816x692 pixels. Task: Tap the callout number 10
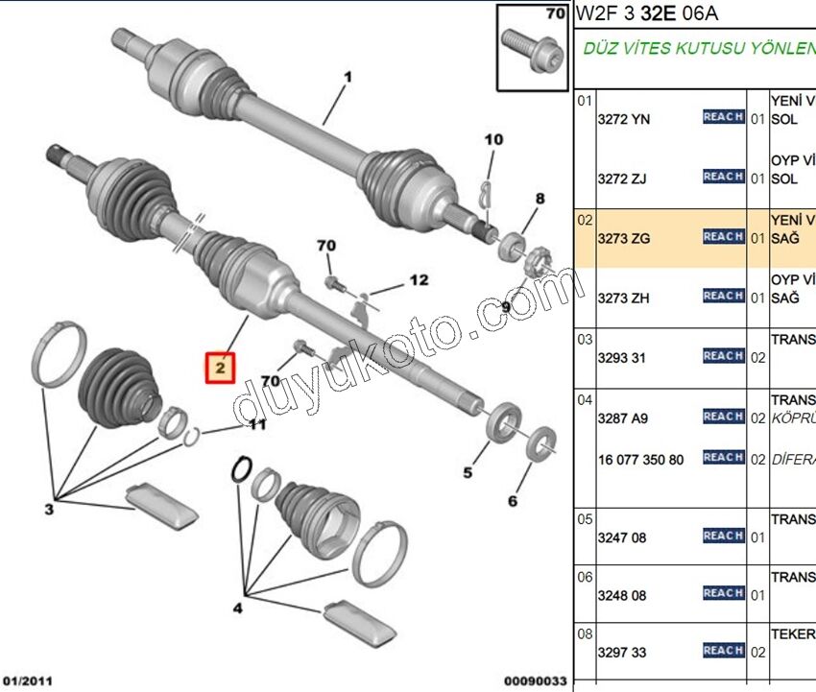click(x=493, y=140)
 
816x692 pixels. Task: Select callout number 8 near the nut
click(x=540, y=199)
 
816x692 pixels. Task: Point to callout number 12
click(x=419, y=280)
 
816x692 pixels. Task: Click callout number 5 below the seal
click(x=468, y=472)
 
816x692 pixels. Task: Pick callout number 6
click(x=512, y=501)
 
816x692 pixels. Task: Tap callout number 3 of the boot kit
click(x=49, y=509)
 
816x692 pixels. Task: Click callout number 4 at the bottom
click(x=237, y=607)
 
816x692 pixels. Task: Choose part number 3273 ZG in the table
click(x=623, y=237)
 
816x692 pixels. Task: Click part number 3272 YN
click(x=623, y=118)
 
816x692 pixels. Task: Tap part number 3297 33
click(x=622, y=653)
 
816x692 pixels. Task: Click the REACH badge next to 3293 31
click(x=723, y=356)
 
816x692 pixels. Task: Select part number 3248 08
click(x=622, y=595)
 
